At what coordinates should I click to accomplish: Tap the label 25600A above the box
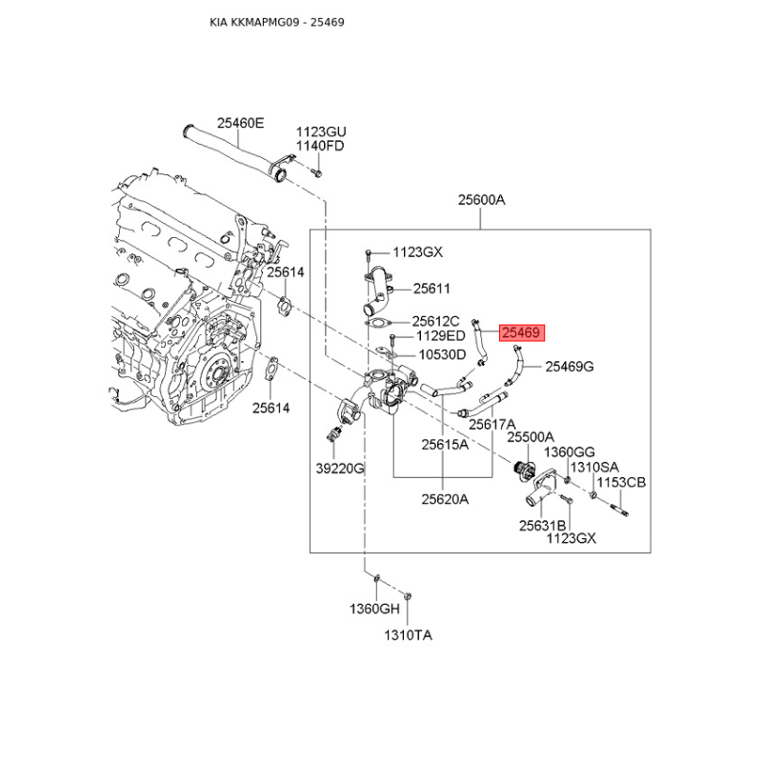481,200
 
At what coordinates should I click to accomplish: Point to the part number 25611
431,288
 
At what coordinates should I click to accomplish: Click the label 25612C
436,321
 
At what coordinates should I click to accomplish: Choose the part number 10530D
443,354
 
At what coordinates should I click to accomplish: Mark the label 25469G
570,366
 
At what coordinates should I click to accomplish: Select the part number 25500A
530,436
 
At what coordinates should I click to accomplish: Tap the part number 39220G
341,468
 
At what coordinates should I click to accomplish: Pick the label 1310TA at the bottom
408,634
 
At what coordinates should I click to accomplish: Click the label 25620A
445,497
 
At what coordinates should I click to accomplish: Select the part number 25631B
543,525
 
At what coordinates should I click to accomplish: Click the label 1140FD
320,146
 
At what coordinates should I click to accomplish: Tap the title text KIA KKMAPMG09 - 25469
277,21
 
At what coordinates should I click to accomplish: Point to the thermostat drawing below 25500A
522,471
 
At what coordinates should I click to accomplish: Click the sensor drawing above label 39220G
331,435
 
